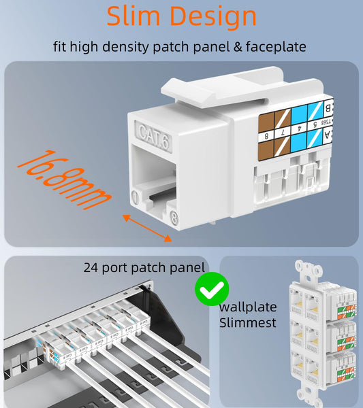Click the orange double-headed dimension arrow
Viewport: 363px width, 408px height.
(146, 227)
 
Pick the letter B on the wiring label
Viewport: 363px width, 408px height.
(328, 107)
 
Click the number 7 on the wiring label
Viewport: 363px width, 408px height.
(280, 129)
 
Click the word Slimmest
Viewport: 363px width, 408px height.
(248, 322)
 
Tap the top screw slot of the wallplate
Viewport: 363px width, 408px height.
(317, 271)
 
